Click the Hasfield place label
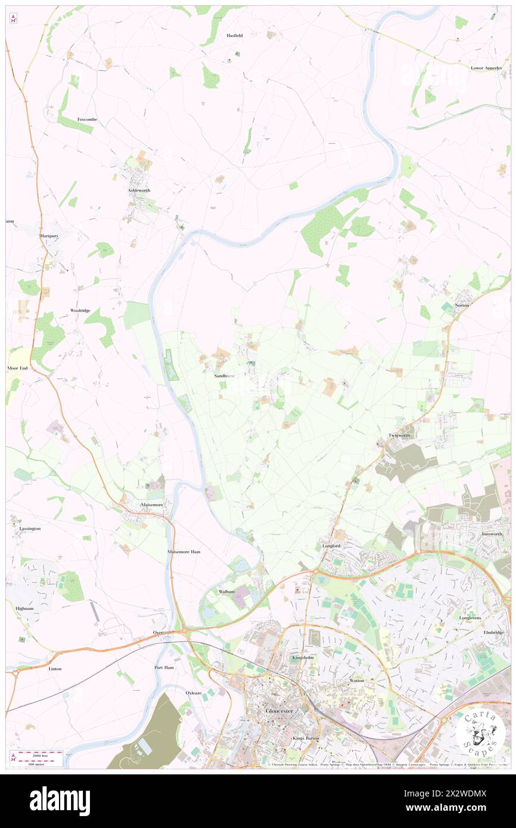[x=234, y=36]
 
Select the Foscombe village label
[x=87, y=119]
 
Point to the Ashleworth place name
[x=139, y=190]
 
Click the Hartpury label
[x=50, y=236]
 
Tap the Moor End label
[x=17, y=368]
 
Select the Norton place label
[x=462, y=305]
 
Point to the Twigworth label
[x=400, y=435]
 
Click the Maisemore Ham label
[x=184, y=552]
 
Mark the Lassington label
[x=29, y=528]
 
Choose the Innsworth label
[x=492, y=534]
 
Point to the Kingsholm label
[x=303, y=657]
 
